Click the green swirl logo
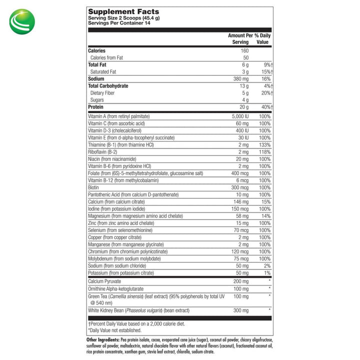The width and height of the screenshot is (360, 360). [x=21, y=21]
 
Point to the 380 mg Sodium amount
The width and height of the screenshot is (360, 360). [x=240, y=78]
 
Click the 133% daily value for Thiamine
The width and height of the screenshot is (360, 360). [x=264, y=144]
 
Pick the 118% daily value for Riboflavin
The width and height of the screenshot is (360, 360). [x=264, y=151]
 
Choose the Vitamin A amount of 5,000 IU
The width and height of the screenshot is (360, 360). [x=237, y=116]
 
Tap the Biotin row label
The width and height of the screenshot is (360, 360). [x=94, y=187]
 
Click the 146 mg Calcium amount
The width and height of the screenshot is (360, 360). [x=240, y=201]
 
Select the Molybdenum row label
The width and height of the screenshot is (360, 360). [x=120, y=258]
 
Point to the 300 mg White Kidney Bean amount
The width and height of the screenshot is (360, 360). [x=240, y=310]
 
